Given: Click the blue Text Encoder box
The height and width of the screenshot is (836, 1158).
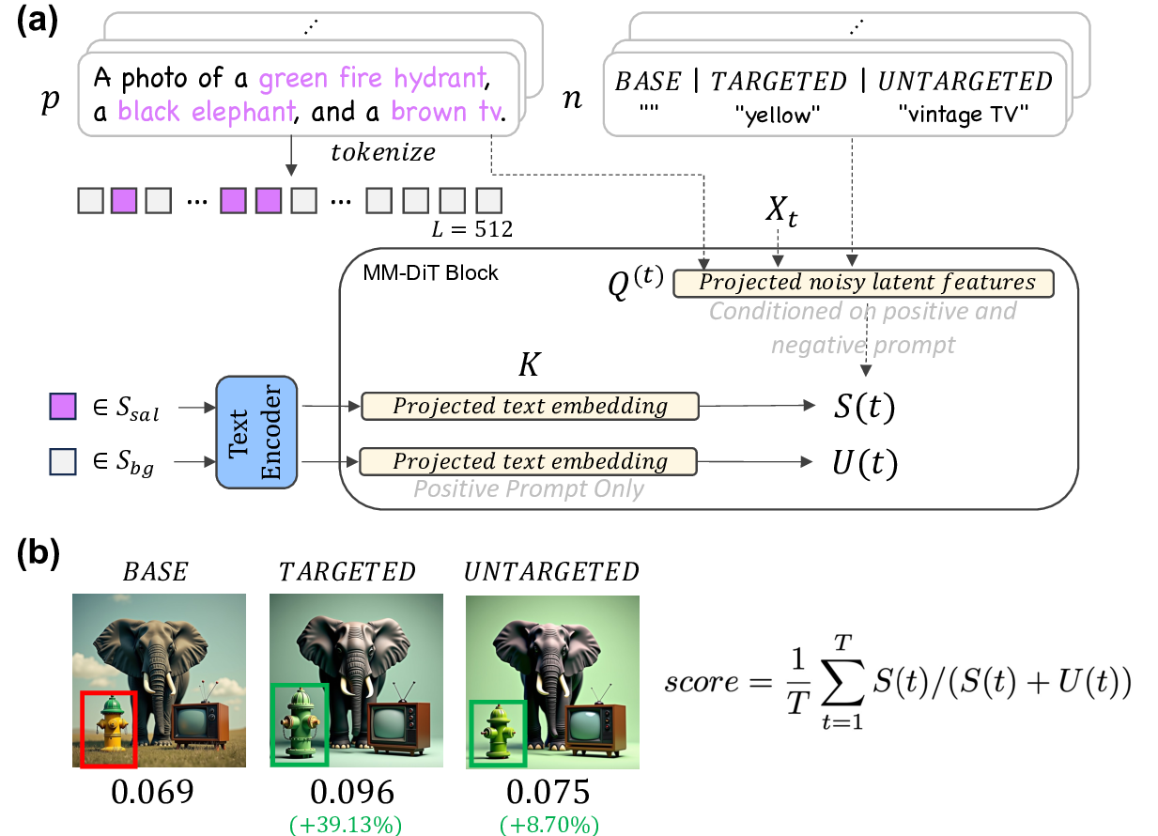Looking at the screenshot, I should point(255,431).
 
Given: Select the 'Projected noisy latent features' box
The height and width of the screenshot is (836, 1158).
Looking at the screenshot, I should point(863,283).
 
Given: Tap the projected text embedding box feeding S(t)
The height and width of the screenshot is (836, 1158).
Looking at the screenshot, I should point(530,406).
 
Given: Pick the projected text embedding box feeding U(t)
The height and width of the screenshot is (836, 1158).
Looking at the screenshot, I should point(530,461).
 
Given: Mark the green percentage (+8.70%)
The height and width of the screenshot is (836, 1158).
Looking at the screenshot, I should point(549,824).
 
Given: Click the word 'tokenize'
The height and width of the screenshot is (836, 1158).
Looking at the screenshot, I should point(376,151).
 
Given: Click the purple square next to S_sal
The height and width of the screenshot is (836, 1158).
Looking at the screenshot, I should point(61,407).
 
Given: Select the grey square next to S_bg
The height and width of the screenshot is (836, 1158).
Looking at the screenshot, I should point(61,462).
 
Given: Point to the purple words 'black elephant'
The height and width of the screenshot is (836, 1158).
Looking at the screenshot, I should point(206,113).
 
